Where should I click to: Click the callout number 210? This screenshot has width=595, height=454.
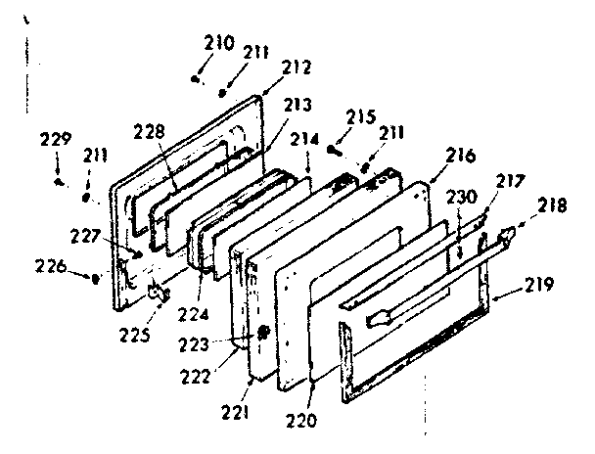pos(219,43)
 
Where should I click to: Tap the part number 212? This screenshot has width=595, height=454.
pos(296,68)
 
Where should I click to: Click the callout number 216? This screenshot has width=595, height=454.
pos(461,156)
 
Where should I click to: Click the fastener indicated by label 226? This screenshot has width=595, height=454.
pos(95,278)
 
